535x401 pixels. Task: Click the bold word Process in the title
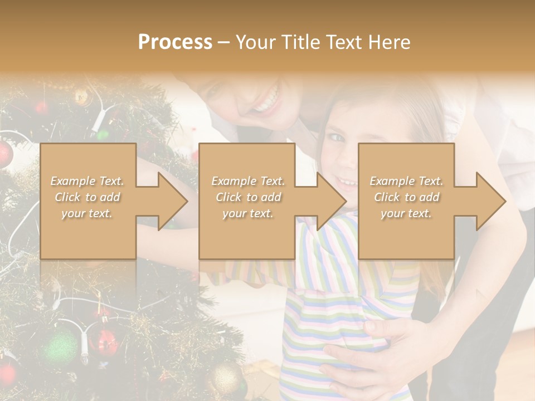point(175,42)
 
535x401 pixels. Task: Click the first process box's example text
point(87,197)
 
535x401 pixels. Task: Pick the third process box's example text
point(406,197)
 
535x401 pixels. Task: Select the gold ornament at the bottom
point(225,379)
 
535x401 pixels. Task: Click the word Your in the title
point(257,42)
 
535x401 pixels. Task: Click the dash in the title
point(224,42)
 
